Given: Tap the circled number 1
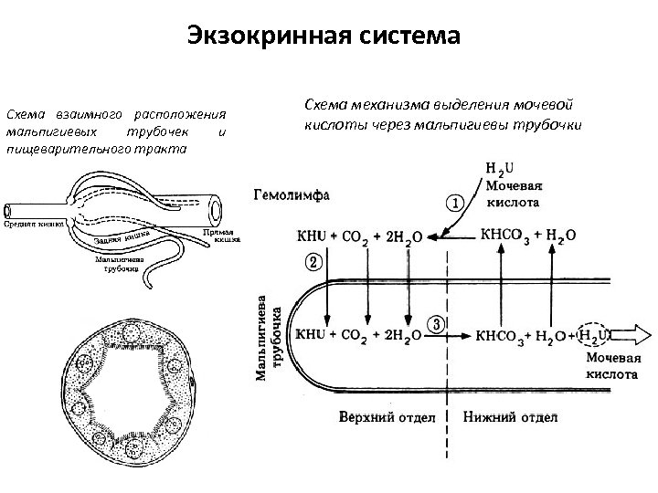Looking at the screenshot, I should [x=454, y=202].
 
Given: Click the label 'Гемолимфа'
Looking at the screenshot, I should [x=292, y=194].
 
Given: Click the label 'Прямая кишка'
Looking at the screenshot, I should [x=220, y=236].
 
